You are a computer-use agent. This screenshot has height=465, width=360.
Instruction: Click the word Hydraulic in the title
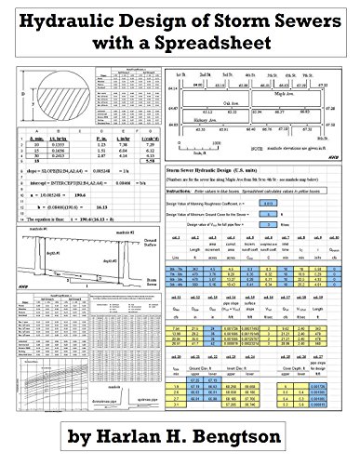[70, 18]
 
